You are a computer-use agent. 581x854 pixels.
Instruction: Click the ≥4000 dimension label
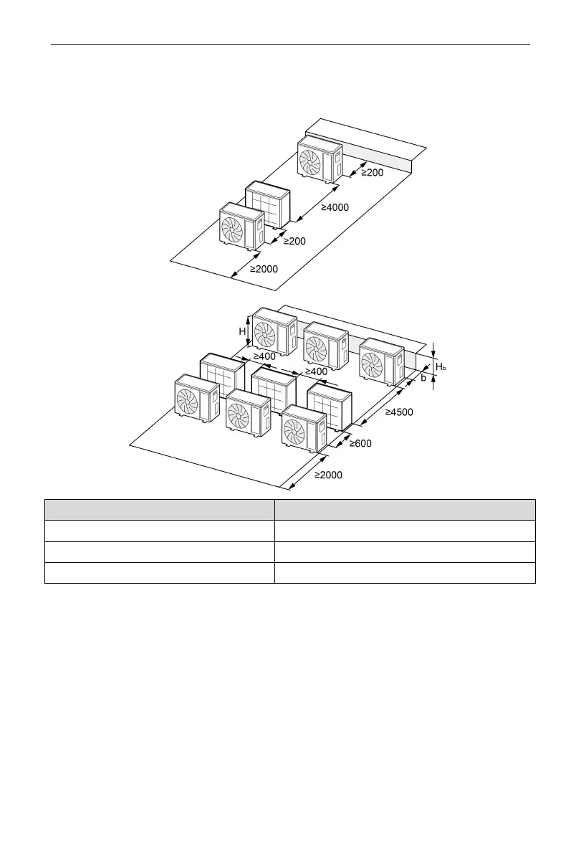pyautogui.click(x=335, y=208)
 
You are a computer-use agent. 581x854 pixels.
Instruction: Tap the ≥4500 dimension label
pyautogui.click(x=399, y=413)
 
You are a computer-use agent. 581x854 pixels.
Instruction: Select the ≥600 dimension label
pyautogui.click(x=360, y=444)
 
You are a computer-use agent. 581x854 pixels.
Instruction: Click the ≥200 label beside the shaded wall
pyautogui.click(x=372, y=173)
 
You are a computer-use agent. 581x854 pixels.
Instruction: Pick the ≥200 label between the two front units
pyautogui.click(x=294, y=242)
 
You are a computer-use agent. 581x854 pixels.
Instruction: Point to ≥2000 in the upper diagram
pyautogui.click(x=264, y=270)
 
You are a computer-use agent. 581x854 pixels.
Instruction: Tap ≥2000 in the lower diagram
pyautogui.click(x=328, y=475)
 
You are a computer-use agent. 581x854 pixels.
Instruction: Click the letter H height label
pyautogui.click(x=242, y=332)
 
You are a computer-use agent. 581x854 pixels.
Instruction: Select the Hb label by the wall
pyautogui.click(x=441, y=367)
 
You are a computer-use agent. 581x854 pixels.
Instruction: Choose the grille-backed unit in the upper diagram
pyautogui.click(x=268, y=207)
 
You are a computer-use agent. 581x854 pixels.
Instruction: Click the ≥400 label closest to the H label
pyautogui.click(x=264, y=356)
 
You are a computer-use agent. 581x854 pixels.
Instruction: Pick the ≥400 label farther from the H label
pyautogui.click(x=316, y=371)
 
